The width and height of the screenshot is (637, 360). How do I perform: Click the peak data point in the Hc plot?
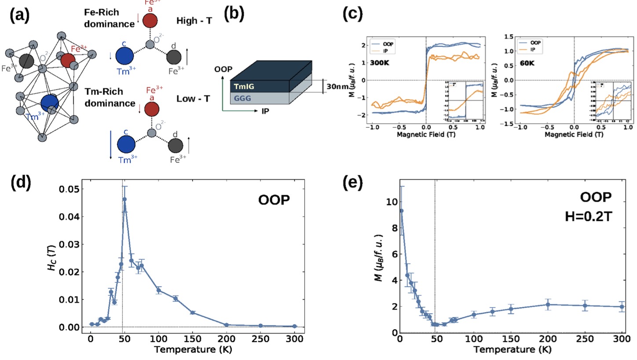[124, 199]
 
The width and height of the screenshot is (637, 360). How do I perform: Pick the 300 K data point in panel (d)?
[294, 326]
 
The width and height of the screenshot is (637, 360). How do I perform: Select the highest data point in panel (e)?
[401, 211]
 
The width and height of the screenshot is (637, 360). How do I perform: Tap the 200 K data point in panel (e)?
[548, 305]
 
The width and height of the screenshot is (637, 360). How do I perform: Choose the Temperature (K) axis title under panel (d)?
[193, 350]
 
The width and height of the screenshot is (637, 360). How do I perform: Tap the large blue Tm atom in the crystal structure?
[50, 103]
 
